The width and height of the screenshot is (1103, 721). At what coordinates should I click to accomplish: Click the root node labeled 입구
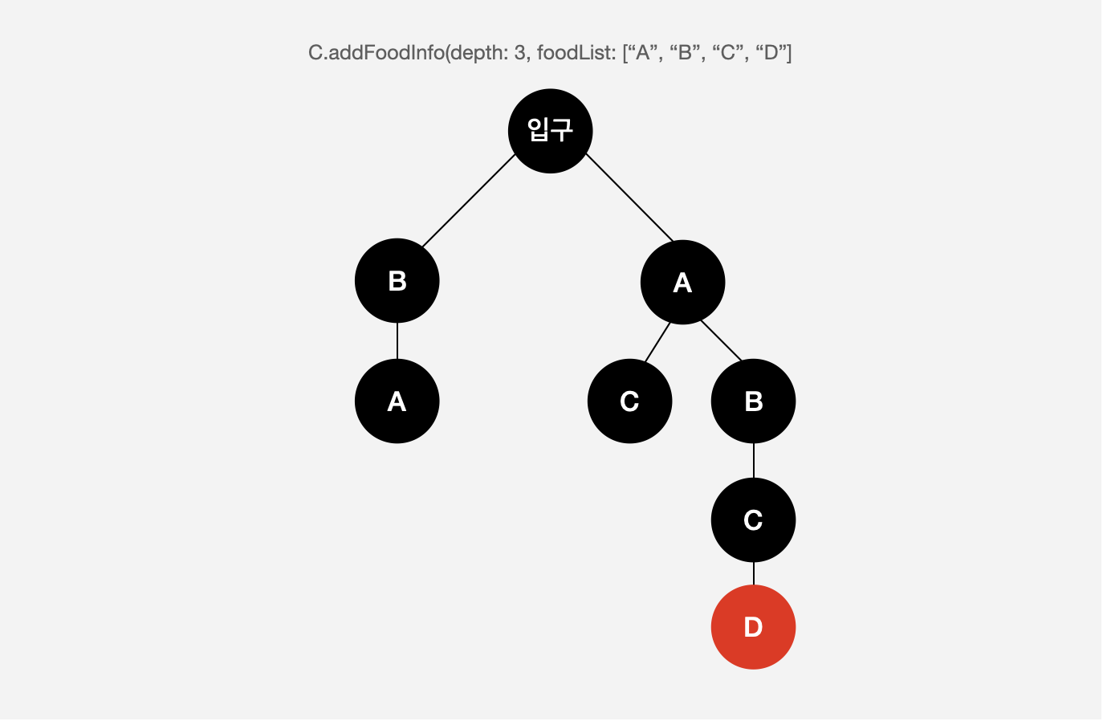coord(550,130)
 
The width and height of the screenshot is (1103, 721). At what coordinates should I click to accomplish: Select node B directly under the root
coord(397,281)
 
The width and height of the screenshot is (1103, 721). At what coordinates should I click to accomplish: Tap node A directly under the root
coord(682,283)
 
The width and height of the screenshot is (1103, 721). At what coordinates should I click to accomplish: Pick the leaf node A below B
coord(397,401)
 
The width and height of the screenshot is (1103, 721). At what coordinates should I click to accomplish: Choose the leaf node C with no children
coord(629,401)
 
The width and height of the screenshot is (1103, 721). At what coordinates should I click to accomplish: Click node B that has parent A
coord(753,401)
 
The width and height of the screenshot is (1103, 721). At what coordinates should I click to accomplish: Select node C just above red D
coord(753,520)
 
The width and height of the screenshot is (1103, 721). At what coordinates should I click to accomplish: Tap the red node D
coord(753,627)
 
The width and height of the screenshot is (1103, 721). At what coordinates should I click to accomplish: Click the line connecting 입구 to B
coord(469,200)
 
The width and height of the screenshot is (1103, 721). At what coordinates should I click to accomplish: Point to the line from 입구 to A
coord(629,198)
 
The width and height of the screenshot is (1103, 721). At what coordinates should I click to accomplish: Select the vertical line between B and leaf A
coord(397,341)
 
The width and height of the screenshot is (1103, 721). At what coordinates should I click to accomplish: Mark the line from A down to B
coord(721,340)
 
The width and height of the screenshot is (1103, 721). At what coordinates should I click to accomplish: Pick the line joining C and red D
coord(753,574)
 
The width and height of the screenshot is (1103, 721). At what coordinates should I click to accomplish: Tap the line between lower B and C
coord(753,461)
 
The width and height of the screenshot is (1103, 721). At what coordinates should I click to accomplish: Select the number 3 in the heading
coord(519,53)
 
